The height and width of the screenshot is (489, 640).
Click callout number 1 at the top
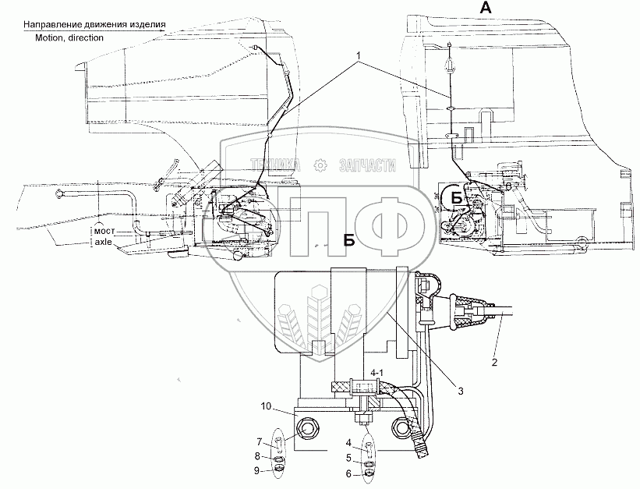(358, 57)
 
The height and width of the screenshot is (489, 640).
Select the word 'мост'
(104, 232)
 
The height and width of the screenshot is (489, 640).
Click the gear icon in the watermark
(318, 164)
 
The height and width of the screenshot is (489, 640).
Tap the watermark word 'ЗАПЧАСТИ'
(368, 165)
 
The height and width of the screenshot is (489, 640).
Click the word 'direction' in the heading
(86, 37)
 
